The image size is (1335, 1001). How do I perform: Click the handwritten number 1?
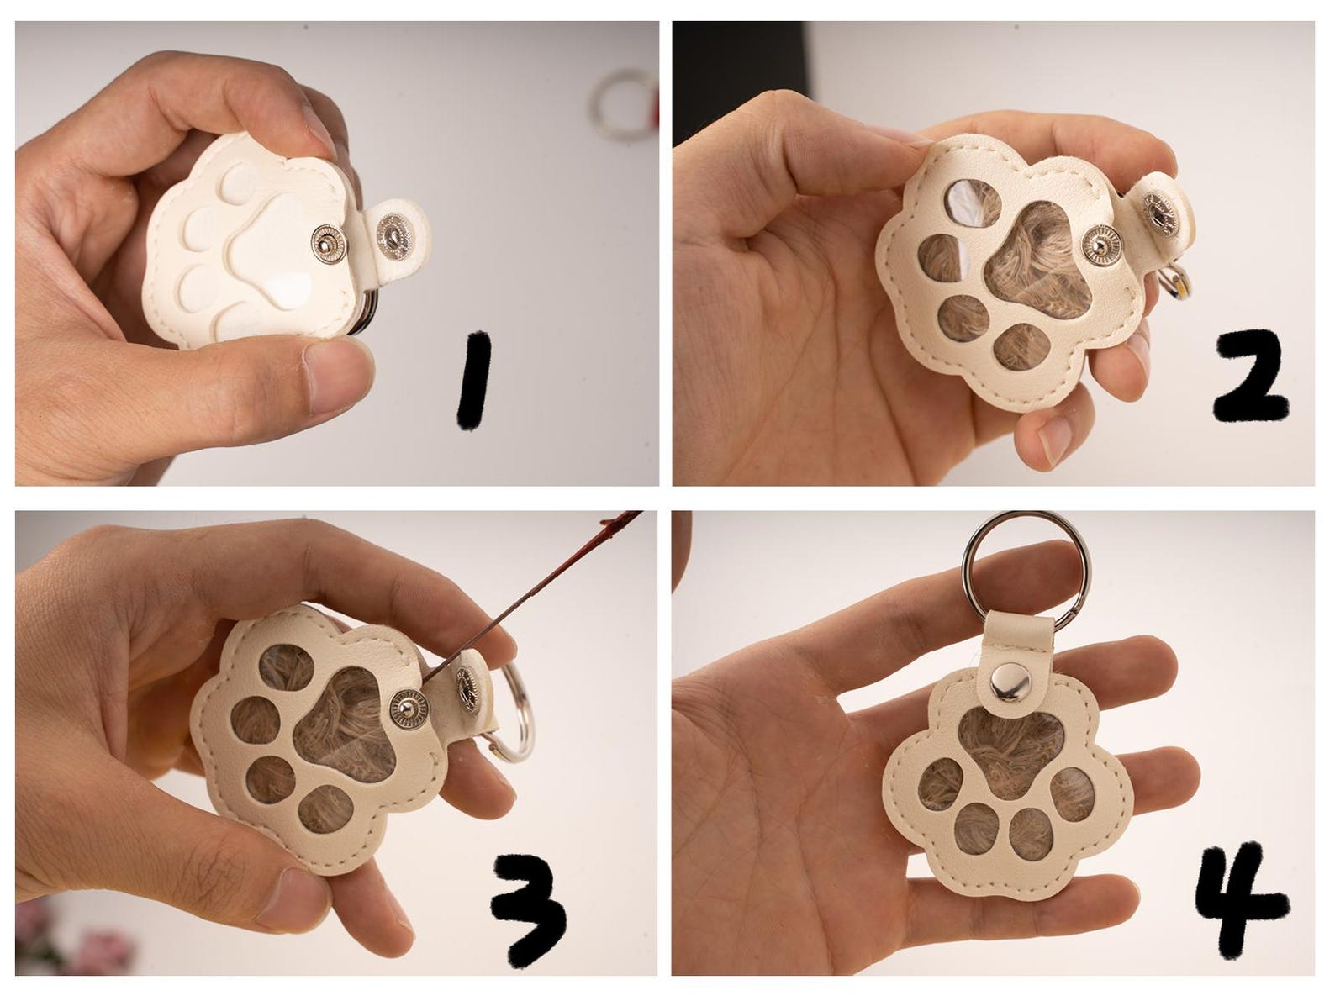[474, 381]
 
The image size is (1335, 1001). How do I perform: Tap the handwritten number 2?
[1250, 376]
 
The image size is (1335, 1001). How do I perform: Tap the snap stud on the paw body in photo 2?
[1101, 245]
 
